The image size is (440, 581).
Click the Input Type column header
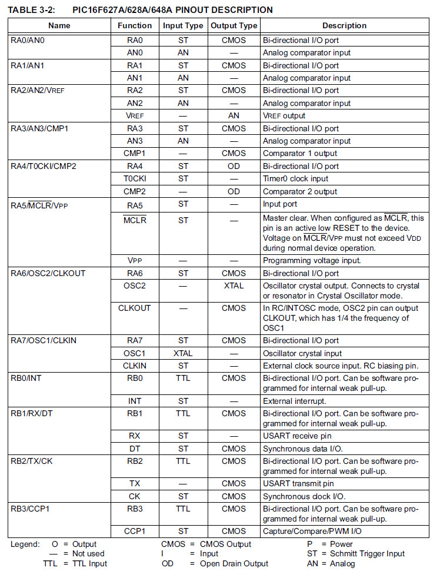point(183,26)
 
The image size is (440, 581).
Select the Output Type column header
point(234,26)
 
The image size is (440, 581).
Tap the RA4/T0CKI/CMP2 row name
point(44,167)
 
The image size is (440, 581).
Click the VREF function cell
point(135,116)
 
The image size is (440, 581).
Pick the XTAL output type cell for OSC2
point(234,286)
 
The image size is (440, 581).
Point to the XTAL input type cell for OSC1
point(183,354)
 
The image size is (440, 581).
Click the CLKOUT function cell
point(135,308)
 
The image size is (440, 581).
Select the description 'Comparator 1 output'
point(300,154)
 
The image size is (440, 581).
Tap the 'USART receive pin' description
point(298,436)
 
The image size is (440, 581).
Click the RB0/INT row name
point(27,379)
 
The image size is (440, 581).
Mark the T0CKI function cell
point(135,179)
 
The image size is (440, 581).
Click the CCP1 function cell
point(135,532)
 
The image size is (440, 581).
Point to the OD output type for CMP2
point(234,192)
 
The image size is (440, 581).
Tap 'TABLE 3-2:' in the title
point(31,10)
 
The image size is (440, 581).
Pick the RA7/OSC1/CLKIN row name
point(44,341)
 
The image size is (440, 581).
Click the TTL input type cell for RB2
point(183,462)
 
